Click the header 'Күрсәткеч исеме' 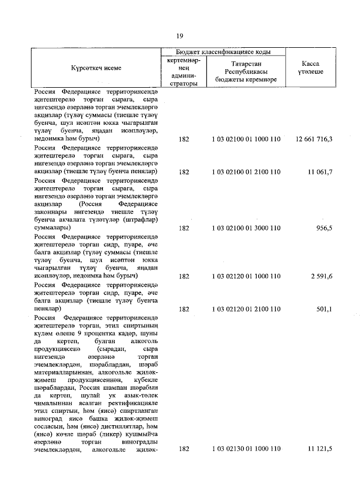[96, 68]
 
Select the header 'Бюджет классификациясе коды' [224, 51]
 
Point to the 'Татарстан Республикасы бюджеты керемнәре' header [246, 72]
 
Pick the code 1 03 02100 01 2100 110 [246, 170]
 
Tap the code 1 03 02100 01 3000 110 [246, 229]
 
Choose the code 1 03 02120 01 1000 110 [246, 277]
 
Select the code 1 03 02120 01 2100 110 [246, 309]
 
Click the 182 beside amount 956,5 [183, 229]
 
